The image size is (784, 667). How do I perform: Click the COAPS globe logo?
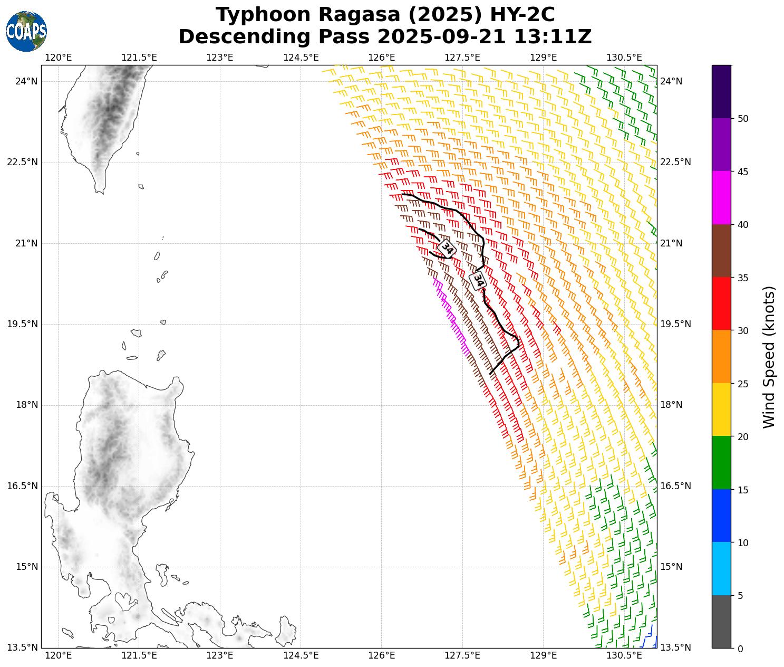26,31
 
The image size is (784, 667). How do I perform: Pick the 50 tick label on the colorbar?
742,119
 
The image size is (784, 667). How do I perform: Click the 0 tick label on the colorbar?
740,649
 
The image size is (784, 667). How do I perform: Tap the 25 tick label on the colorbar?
742,384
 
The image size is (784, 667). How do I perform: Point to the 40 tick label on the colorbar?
742,225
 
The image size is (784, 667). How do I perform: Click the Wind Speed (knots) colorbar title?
769,357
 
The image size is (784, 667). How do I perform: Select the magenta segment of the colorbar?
721,197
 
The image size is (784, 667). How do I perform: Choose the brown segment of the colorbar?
721,251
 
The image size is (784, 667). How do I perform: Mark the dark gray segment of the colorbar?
721,622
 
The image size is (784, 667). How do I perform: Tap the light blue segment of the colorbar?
721,568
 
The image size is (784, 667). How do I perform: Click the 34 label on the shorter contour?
447,248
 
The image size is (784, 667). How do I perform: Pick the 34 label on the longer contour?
478,280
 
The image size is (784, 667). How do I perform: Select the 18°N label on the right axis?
671,405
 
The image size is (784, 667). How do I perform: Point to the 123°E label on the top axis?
220,57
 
